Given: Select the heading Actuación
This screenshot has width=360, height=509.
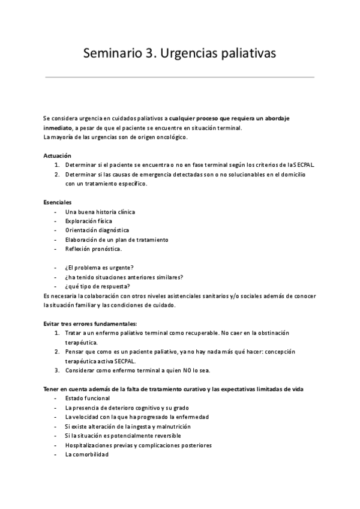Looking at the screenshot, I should pos(58,155).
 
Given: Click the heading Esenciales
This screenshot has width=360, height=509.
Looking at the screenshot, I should pos(58,202).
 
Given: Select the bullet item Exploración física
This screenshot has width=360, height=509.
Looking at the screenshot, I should pos(89,221).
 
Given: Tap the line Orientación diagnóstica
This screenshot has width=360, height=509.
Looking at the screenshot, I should pos(97,230).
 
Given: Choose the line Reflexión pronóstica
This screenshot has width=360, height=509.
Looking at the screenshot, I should pos(94,248).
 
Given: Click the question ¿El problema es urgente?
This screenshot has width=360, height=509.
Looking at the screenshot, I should pos(99,267).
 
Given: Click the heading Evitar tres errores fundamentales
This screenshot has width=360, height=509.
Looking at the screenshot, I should pos(90,324).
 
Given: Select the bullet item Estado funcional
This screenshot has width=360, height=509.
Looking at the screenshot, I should pos(87,399).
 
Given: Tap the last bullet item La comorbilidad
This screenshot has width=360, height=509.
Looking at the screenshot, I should pos(87,454).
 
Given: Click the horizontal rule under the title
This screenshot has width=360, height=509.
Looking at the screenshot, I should pos(180,77).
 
